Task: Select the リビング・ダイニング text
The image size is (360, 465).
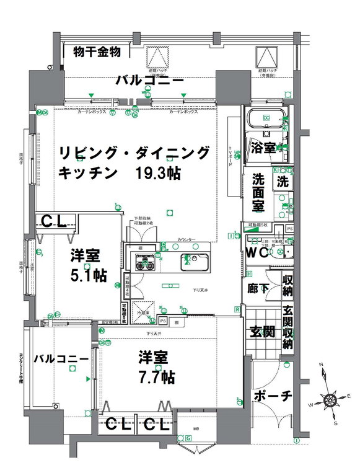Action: (134, 153)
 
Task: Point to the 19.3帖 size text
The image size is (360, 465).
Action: (158, 173)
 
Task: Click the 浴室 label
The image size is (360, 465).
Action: (263, 148)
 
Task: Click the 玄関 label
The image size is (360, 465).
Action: (263, 332)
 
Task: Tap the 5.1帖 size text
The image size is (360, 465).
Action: (88, 276)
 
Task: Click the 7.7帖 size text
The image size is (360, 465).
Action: (156, 376)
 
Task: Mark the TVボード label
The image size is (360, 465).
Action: (230, 148)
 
